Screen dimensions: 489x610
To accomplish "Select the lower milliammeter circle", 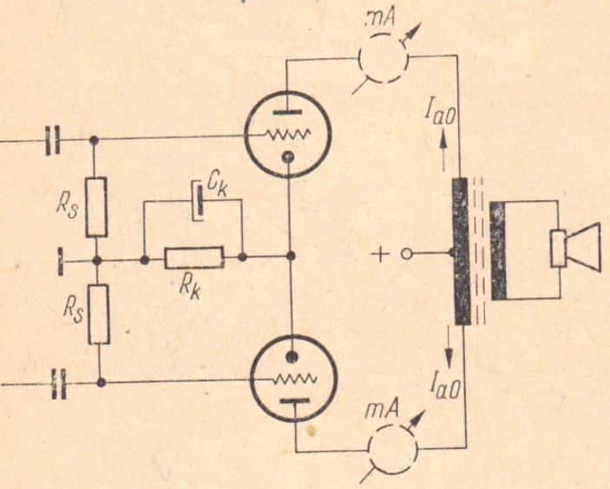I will [x=393, y=449].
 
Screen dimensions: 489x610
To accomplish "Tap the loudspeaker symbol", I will [x=574, y=244].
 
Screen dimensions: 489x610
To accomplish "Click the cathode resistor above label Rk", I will [x=193, y=257].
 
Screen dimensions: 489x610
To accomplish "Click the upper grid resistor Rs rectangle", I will [x=96, y=206].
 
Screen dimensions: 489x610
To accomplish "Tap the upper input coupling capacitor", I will [x=53, y=138].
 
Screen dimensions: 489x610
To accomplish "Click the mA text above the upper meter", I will [x=379, y=17].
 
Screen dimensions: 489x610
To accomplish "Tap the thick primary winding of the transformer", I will [x=460, y=251].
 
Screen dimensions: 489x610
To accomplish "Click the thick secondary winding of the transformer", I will [x=498, y=251].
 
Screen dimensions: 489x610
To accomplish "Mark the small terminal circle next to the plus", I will [x=405, y=255].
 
